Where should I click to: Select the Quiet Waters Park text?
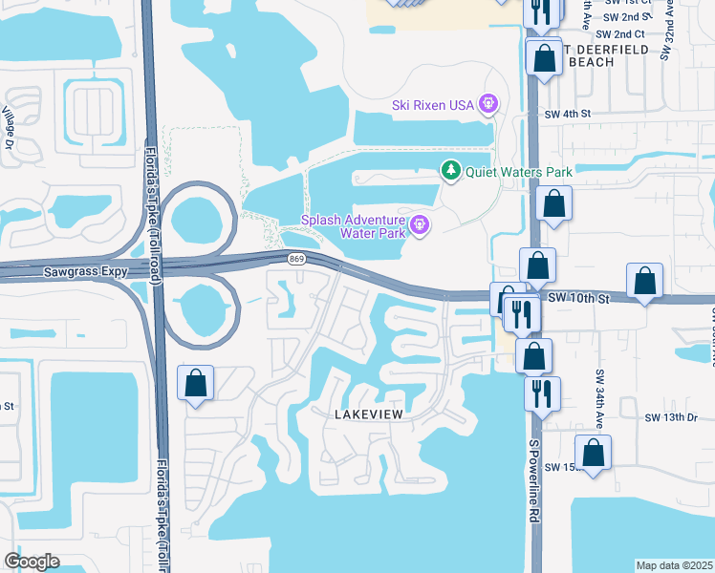[x=518, y=172]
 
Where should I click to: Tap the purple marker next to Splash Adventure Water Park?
[x=420, y=225]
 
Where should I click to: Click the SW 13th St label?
[x=667, y=417]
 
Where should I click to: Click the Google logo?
[x=32, y=561]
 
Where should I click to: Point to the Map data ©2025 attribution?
[x=674, y=565]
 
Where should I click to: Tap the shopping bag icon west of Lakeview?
[x=195, y=385]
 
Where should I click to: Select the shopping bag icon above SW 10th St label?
[x=538, y=264]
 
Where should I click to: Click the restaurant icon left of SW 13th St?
[x=542, y=392]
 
